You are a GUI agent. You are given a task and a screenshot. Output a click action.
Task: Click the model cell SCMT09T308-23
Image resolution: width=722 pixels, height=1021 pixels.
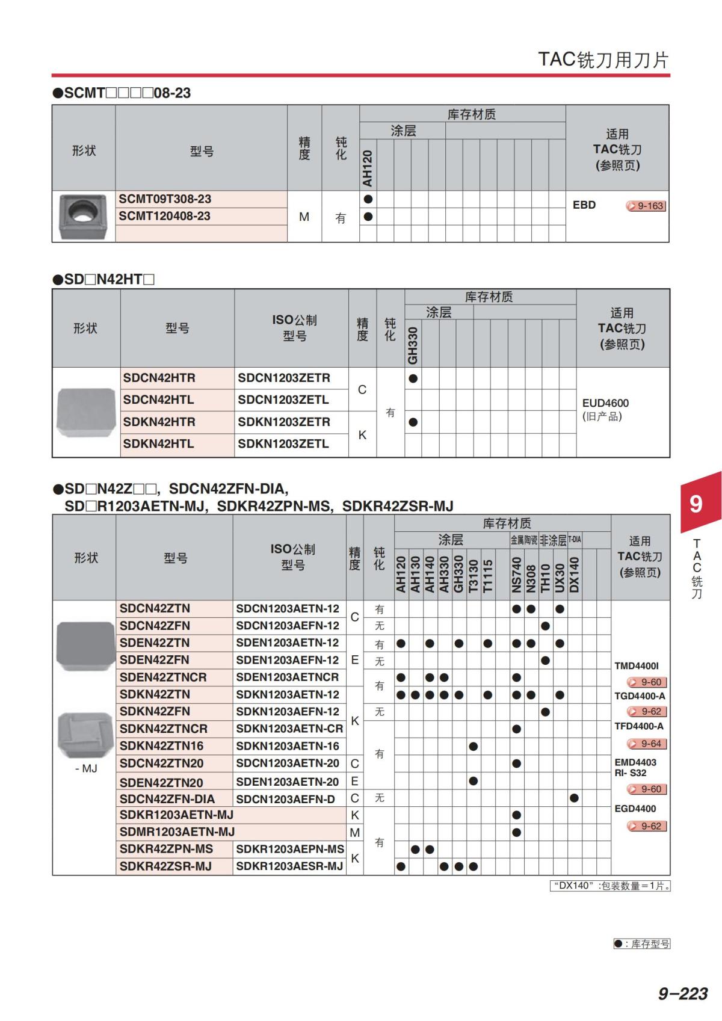(165, 199)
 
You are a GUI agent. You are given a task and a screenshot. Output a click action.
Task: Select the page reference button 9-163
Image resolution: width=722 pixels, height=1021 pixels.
(646, 206)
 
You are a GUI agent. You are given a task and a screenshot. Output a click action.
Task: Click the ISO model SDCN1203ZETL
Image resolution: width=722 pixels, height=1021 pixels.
(283, 400)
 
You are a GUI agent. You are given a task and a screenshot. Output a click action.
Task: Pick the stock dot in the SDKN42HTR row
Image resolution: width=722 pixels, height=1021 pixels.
(413, 422)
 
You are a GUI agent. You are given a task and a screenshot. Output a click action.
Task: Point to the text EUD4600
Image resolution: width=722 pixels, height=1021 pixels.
(605, 403)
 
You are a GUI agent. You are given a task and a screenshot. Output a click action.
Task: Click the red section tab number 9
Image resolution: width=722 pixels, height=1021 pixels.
(696, 503)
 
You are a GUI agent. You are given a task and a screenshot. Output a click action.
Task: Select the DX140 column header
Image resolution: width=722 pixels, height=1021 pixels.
(574, 575)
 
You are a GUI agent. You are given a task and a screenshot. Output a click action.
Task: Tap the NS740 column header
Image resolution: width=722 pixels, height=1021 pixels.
(516, 575)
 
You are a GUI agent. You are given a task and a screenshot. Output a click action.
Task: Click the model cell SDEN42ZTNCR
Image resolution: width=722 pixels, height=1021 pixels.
(163, 677)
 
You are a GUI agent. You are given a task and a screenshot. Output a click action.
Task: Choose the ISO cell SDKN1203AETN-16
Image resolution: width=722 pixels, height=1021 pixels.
(288, 746)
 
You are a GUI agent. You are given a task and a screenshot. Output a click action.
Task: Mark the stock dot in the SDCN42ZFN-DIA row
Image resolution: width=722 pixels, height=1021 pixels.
(574, 798)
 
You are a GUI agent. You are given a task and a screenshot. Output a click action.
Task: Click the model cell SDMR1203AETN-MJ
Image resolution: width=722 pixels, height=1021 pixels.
(177, 832)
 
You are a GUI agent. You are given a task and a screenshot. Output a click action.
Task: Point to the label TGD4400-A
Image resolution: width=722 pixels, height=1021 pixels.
(640, 696)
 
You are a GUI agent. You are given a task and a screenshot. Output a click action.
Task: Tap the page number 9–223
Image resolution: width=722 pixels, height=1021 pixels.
(682, 993)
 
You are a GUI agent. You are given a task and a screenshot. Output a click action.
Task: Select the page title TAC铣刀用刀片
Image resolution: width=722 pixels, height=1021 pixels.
(603, 60)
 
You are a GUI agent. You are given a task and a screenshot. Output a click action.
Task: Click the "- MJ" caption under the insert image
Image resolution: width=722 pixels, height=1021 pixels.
(86, 769)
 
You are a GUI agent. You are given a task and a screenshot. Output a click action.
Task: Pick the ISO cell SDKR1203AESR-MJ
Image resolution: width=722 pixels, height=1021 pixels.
(289, 866)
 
